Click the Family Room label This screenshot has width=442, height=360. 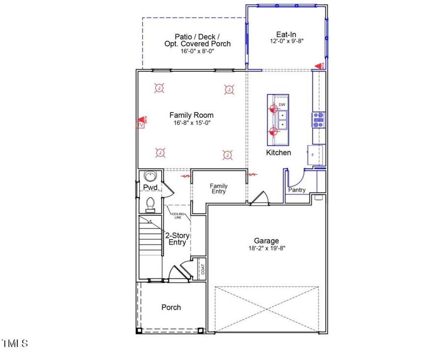[x=192, y=115]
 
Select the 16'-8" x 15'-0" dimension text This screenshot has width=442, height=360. [x=192, y=123]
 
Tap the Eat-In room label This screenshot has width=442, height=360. [x=286, y=34]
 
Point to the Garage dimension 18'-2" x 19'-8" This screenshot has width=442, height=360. [x=266, y=249]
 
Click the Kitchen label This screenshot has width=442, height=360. [x=278, y=153]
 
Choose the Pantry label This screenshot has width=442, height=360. [x=297, y=190]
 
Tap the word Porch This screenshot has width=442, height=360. [x=171, y=307]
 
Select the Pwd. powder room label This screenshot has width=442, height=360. [x=150, y=188]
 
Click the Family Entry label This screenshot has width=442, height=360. [x=219, y=189]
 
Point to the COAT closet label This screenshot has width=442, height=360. [x=202, y=270]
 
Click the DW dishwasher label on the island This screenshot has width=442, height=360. [x=282, y=105]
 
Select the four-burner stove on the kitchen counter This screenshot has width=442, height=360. [x=318, y=120]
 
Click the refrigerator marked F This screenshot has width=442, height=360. [x=314, y=155]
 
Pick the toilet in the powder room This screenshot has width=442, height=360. [x=150, y=204]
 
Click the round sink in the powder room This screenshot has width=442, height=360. [x=150, y=176]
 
